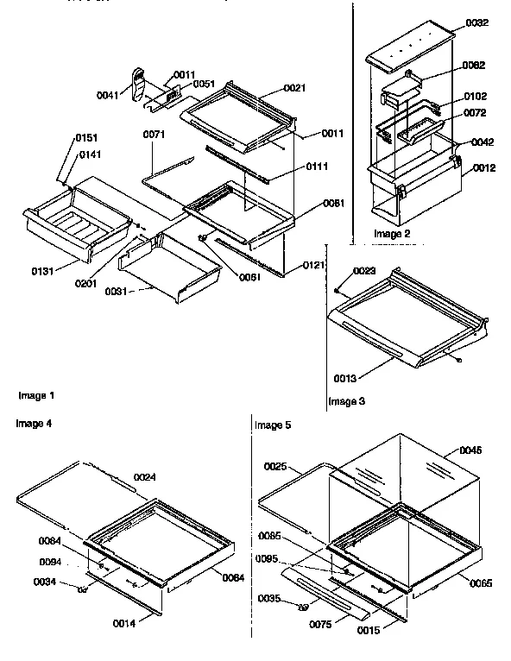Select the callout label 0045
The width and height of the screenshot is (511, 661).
(471, 450)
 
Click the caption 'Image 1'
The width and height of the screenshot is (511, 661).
(36, 395)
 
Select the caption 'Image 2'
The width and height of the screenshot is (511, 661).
(392, 234)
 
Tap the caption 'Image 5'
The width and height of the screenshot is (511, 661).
(275, 425)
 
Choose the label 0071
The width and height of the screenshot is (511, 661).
(154, 135)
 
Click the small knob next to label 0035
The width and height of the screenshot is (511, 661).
(302, 607)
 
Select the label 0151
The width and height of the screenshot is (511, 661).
(85, 139)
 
